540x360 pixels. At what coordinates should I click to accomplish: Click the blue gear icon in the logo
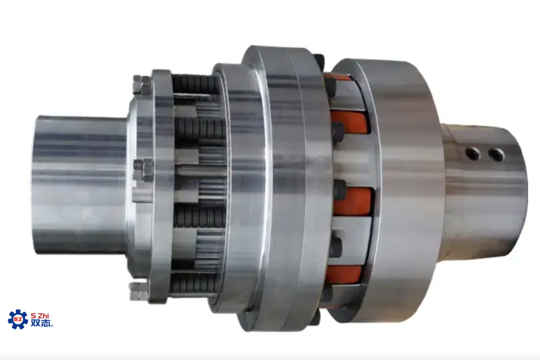pyautogui.click(x=18, y=319)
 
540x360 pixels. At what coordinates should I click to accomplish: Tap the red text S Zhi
pyautogui.click(x=40, y=316)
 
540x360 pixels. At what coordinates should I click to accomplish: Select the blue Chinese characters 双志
pyautogui.click(x=42, y=323)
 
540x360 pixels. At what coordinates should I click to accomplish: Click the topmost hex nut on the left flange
pyautogui.click(x=142, y=85)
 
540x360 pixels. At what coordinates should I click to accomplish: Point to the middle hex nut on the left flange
pyautogui.click(x=143, y=170)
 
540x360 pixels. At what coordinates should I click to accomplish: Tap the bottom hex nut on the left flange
pyautogui.click(x=139, y=291)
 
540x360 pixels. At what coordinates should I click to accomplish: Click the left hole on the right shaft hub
pyautogui.click(x=473, y=153)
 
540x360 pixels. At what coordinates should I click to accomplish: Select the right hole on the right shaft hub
pyautogui.click(x=496, y=155)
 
